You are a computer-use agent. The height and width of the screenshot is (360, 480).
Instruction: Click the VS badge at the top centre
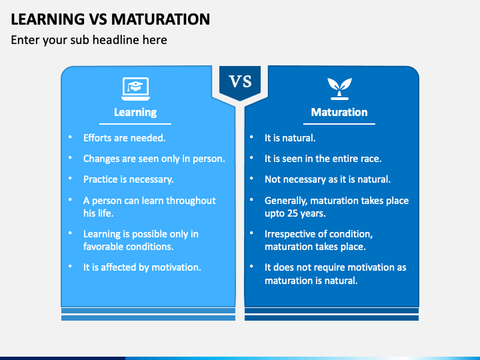point(240,82)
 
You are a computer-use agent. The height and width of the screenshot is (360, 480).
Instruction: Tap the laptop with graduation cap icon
point(135,86)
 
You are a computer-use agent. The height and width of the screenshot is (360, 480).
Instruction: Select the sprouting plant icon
point(339,86)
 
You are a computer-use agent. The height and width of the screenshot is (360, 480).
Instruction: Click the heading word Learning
point(135,112)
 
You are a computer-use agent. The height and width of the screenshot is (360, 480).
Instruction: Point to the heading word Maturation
point(339,112)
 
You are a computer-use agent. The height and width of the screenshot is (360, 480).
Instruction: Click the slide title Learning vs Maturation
point(110,18)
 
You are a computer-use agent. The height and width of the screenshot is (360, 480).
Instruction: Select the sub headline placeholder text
point(89,40)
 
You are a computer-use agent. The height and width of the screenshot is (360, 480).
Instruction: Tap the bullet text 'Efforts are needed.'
point(124,138)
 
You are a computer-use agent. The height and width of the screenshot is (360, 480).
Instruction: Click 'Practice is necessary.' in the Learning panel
point(128,179)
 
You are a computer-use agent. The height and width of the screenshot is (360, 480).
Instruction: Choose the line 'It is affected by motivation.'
point(142,267)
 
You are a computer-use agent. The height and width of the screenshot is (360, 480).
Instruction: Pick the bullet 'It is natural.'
point(290,138)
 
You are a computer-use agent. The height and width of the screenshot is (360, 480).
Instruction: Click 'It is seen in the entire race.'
point(323,159)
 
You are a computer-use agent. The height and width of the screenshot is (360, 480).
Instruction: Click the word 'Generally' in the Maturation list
point(287,201)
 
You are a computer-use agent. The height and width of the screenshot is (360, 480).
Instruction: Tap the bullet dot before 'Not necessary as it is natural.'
point(251,179)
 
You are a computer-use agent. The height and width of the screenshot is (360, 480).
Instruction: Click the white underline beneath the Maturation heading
point(339,124)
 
